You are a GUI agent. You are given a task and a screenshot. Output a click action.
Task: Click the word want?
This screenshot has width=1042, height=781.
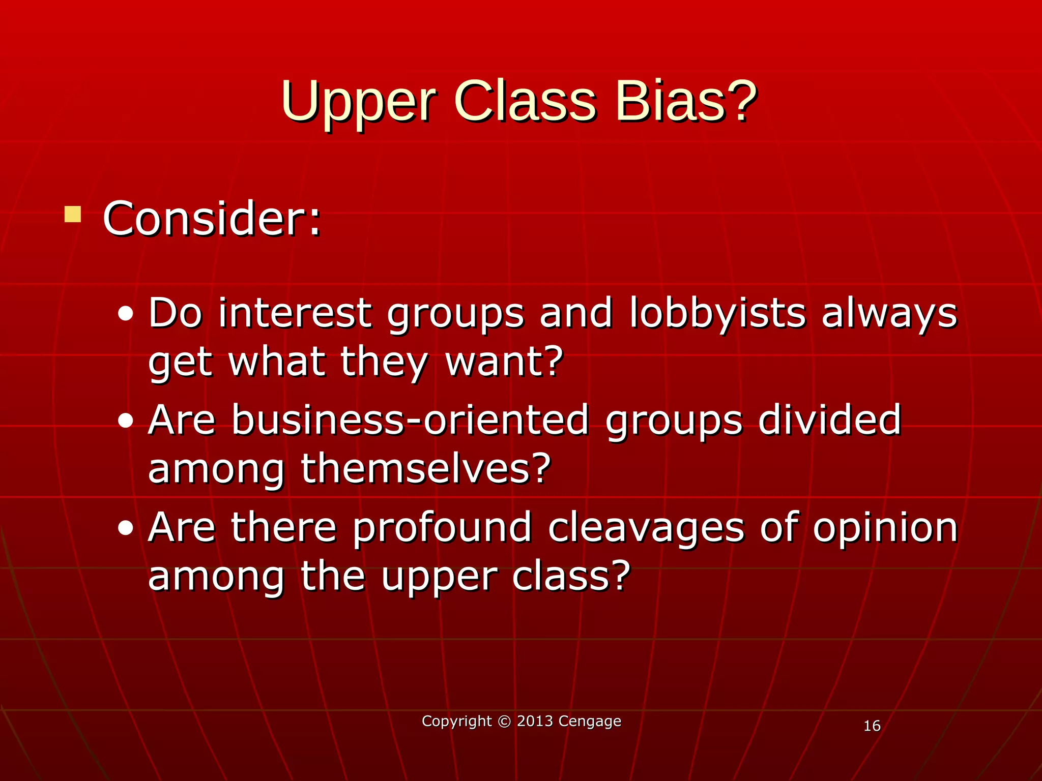pyautogui.click(x=504, y=362)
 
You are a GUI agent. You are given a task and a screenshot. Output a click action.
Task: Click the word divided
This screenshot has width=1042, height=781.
pyautogui.click(x=829, y=420)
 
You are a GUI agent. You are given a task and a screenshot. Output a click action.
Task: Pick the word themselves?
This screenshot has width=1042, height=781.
pyautogui.click(x=426, y=469)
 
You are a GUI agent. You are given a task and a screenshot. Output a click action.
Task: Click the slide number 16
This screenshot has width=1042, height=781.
pyautogui.click(x=872, y=726)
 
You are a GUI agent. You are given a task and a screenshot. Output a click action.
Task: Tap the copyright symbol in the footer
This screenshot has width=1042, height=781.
pyautogui.click(x=504, y=722)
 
